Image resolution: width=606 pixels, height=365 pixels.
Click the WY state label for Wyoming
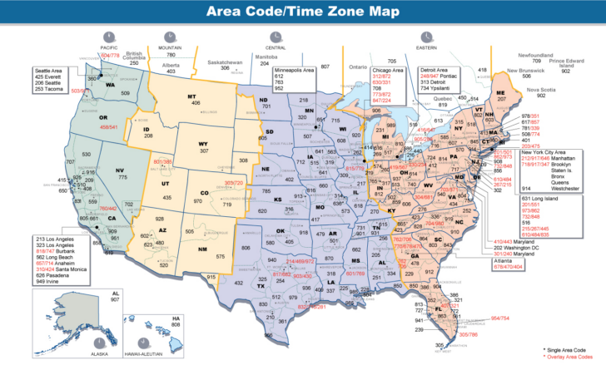pos(203,144)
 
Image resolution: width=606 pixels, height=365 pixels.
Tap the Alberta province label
pos(171,64)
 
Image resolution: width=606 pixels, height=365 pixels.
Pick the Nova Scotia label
pos(559,89)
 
